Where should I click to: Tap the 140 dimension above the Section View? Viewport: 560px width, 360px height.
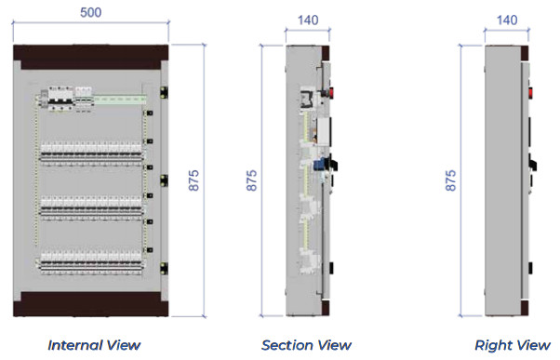(x=307, y=20)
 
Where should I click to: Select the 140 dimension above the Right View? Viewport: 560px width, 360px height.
(x=507, y=20)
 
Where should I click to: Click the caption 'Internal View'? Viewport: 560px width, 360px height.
(x=95, y=345)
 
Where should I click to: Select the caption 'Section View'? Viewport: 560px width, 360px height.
(x=306, y=345)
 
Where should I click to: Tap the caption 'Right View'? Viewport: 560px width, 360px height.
(x=513, y=345)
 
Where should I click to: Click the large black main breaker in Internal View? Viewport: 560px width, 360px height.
(x=61, y=98)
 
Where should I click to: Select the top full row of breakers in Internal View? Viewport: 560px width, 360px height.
(x=93, y=149)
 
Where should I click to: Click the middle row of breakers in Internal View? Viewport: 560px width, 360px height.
(x=93, y=205)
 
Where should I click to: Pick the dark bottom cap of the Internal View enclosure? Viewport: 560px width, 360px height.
(x=89, y=301)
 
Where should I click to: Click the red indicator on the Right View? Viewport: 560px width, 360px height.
(x=531, y=92)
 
